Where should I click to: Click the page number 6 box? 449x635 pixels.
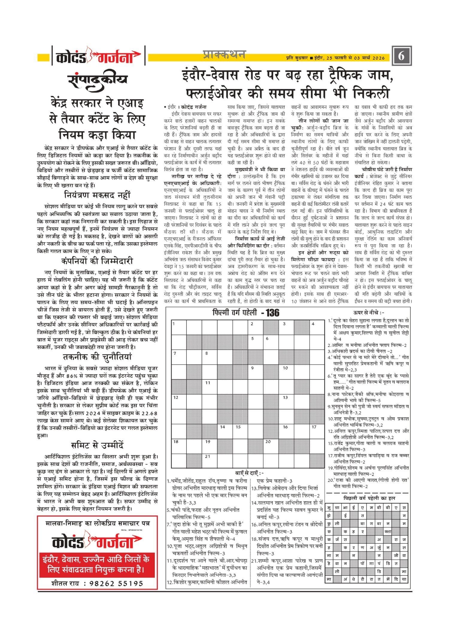pos(401,56)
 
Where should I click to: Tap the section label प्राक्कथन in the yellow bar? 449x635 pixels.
pos(224,54)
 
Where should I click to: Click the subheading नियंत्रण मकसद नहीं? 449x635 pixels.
pos(98,195)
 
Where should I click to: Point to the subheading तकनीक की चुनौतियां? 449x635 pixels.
pos(97,357)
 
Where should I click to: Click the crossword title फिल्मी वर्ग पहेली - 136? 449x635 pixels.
pos(246,313)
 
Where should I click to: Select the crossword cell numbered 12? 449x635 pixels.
pos(179,401)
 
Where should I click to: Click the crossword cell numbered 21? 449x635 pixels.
pos(210,461)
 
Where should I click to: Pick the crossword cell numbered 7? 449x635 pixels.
pos(179,357)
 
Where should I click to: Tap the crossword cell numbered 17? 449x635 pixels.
pos(317,431)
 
